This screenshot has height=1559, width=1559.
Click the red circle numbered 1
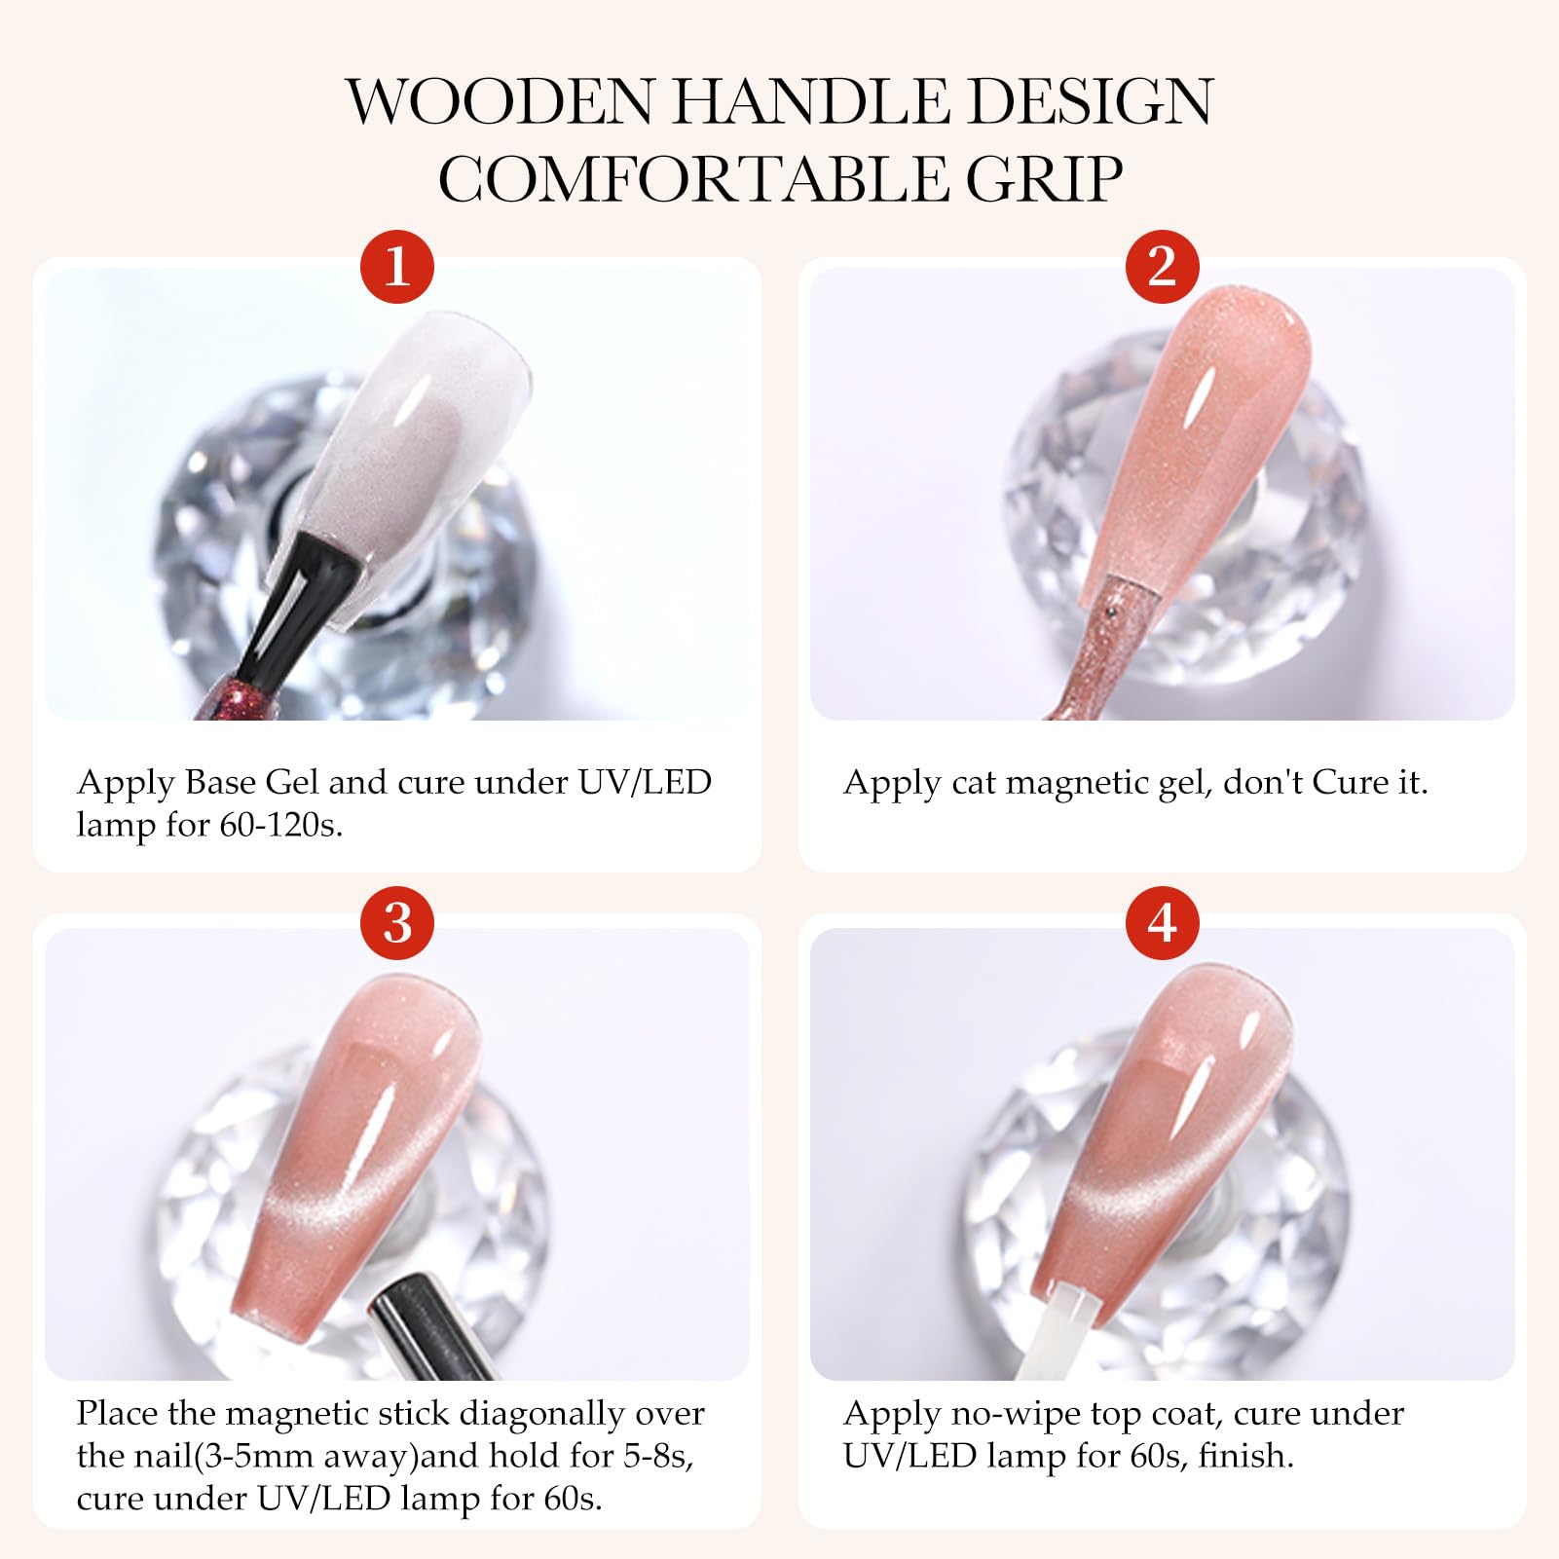(x=396, y=266)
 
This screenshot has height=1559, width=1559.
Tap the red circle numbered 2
(x=1162, y=266)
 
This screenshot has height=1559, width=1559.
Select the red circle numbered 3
(x=396, y=922)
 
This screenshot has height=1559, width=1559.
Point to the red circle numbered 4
(x=1162, y=922)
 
